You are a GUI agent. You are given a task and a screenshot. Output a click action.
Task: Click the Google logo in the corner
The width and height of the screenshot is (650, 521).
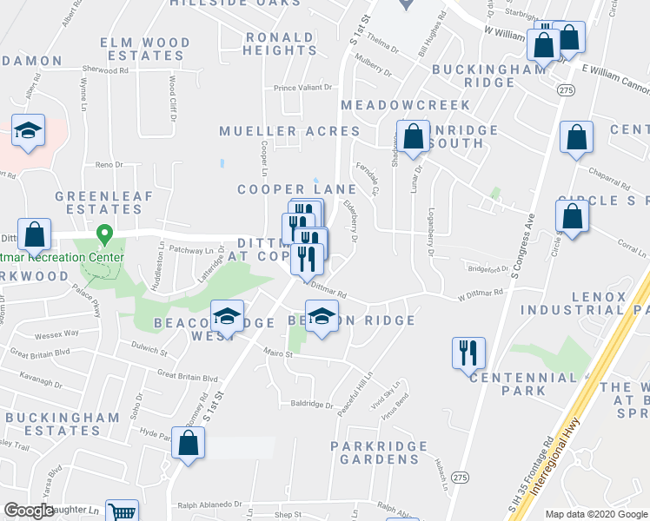click(x=29, y=511)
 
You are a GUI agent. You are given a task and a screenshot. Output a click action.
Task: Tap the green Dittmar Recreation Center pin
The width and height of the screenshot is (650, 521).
click(x=104, y=234)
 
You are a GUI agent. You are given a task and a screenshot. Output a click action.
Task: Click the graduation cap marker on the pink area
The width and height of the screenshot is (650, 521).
click(x=29, y=133)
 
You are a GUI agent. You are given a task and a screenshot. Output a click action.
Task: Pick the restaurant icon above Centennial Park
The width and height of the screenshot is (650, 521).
click(x=468, y=353)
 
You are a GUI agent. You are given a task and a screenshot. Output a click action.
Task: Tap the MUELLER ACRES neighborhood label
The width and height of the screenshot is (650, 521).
click(x=289, y=131)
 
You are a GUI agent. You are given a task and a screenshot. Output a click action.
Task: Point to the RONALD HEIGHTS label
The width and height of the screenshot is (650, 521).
click(x=280, y=43)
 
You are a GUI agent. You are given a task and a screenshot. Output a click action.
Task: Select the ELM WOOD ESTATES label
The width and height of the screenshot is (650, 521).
click(x=145, y=49)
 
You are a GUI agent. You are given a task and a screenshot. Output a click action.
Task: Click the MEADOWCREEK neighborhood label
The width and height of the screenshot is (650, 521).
click(x=405, y=104)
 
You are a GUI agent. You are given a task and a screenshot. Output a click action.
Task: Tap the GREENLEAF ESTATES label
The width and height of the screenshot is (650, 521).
click(x=98, y=201)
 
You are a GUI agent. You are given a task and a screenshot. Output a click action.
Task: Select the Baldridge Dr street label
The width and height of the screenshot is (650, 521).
click(x=312, y=404)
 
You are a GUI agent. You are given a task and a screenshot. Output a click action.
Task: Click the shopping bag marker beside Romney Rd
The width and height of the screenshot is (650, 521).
click(x=188, y=443)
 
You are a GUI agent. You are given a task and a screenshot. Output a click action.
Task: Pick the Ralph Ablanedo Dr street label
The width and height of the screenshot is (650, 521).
click(x=209, y=504)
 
